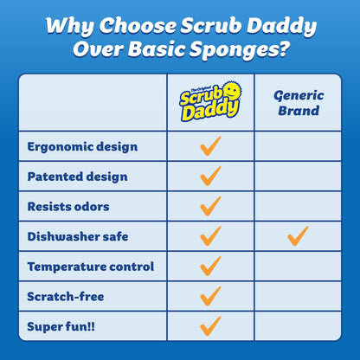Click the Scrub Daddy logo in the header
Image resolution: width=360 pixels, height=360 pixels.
click(210, 101)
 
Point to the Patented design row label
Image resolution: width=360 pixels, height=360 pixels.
click(77, 177)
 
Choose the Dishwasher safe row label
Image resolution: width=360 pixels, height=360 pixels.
click(77, 236)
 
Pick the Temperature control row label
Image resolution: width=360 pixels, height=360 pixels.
click(91, 266)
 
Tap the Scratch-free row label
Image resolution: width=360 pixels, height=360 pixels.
click(65, 296)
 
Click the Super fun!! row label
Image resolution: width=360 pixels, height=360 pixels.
click(61, 325)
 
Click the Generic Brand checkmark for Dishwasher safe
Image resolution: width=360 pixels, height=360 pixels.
click(298, 235)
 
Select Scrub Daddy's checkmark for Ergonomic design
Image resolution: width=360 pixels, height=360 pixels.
click(210, 146)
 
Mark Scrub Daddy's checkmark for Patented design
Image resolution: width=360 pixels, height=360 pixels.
click(210, 176)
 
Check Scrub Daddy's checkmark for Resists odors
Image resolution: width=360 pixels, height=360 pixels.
click(210, 206)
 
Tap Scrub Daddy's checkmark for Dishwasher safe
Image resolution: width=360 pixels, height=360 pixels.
click(210, 235)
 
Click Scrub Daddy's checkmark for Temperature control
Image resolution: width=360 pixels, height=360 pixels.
click(210, 266)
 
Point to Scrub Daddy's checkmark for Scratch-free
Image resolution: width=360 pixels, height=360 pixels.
click(210, 295)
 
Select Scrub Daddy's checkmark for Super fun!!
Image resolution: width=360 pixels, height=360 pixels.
click(210, 325)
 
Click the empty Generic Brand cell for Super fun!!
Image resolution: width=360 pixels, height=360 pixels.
click(298, 325)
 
